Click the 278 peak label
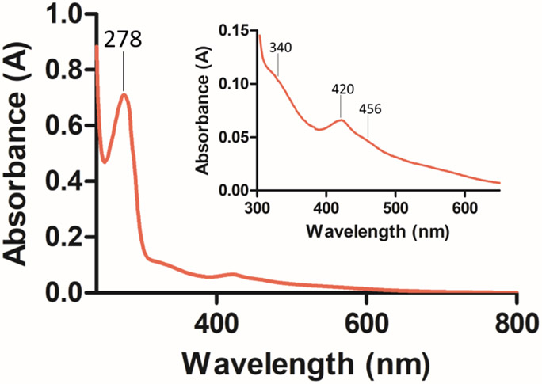[x=123, y=40]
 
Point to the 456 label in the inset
[x=370, y=108]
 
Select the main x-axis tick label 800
[x=516, y=324]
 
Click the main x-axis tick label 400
[x=216, y=324]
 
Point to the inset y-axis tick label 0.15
[x=235, y=30]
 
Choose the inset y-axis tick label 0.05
[x=235, y=137]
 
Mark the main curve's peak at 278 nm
[x=124, y=95]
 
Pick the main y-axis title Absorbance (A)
[x=21, y=154]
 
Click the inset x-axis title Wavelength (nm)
[x=379, y=231]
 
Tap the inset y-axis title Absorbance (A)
[x=204, y=114]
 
